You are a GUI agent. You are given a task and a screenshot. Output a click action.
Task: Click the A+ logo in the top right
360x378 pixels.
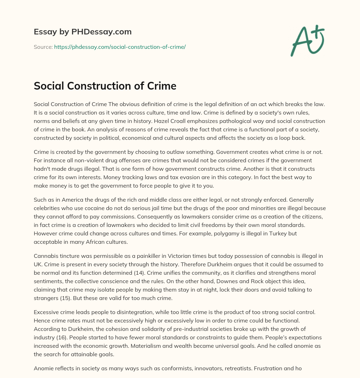pyautogui.click(x=307, y=41)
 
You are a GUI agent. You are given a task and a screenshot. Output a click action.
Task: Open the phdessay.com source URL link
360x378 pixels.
pyautogui.click(x=120, y=47)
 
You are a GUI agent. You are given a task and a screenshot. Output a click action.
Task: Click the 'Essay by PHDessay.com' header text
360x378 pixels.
pyautogui.click(x=83, y=32)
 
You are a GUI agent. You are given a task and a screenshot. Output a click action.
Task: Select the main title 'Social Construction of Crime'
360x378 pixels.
pyautogui.click(x=105, y=86)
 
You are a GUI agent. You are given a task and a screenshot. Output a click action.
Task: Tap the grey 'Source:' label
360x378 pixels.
pyautogui.click(x=43, y=47)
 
